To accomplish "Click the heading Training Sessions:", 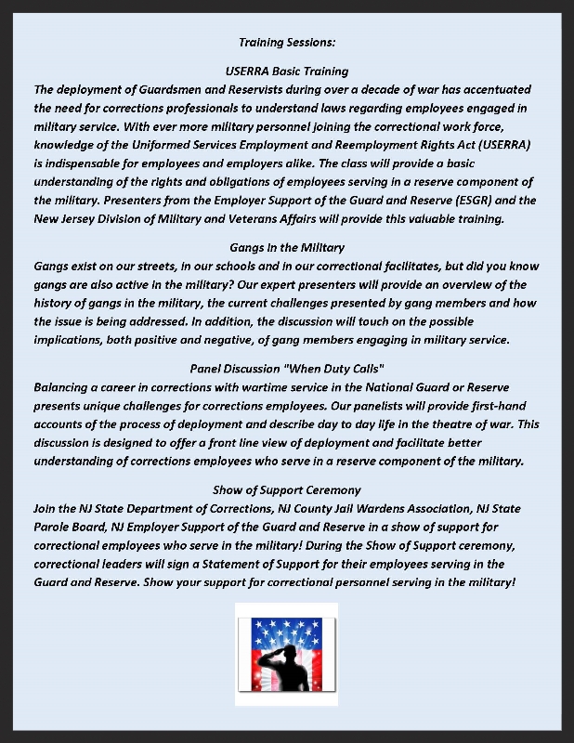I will pyautogui.click(x=287, y=43).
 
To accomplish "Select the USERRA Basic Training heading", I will pyautogui.click(x=287, y=72).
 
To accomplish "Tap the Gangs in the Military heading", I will pyautogui.click(x=287, y=248).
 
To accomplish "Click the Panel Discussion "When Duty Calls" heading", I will pyautogui.click(x=287, y=369).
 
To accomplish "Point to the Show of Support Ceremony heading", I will pyautogui.click(x=287, y=489).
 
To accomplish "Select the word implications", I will pyautogui.click(x=68, y=340).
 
